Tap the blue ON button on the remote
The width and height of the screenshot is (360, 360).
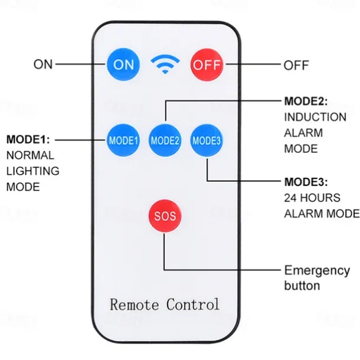[123, 64]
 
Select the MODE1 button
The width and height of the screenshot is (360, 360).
[123, 140]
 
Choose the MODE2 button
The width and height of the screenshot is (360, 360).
[165, 140]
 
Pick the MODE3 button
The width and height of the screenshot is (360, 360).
[206, 140]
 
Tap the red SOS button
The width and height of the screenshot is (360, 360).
[165, 215]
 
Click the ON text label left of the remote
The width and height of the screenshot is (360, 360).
[43, 64]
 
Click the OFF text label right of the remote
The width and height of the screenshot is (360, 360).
[296, 64]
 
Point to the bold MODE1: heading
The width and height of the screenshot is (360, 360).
[28, 140]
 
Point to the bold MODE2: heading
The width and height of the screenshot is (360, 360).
[306, 101]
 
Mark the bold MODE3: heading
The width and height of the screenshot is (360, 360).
[306, 181]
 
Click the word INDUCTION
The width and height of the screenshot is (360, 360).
[315, 117]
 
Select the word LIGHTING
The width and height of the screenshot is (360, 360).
[33, 171]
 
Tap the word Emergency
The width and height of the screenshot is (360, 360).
[317, 271]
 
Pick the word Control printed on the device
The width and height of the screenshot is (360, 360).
[192, 305]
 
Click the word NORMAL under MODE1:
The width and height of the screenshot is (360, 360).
[30, 155]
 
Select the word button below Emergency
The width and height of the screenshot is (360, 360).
[302, 286]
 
